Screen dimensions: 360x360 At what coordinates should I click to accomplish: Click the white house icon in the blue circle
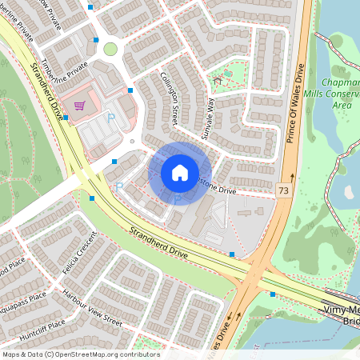[180, 172]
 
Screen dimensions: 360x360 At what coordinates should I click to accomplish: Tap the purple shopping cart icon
[79, 105]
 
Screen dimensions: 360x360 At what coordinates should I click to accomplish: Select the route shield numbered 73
[284, 190]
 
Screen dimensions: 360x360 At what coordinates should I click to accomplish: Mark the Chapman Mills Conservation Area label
[342, 94]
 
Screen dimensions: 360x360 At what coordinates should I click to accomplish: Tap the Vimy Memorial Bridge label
[340, 314]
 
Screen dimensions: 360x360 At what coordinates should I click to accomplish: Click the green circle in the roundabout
[110, 50]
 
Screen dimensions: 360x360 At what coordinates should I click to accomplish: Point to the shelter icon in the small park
[217, 80]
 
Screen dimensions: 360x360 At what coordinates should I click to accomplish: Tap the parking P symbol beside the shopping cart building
[111, 118]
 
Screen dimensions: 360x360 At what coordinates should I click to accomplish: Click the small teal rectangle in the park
[228, 74]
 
